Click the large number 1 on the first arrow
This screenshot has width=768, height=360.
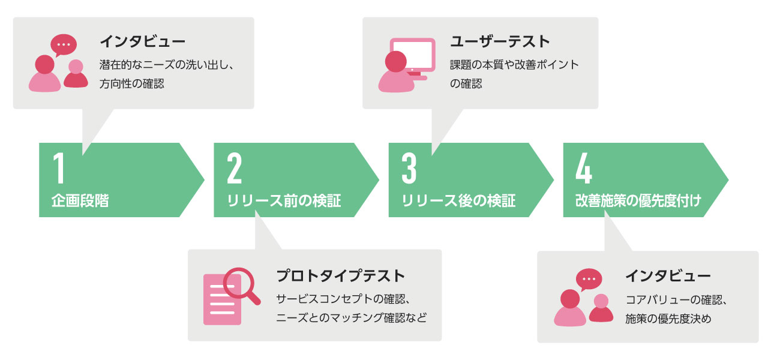(58, 169)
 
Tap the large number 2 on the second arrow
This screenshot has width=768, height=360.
(234, 169)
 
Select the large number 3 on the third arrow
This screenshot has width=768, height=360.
(409, 169)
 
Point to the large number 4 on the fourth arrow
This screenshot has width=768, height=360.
(584, 169)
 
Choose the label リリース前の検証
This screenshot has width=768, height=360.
(284, 201)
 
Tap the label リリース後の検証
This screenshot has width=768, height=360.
(458, 201)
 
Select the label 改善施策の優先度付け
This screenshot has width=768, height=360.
(638, 201)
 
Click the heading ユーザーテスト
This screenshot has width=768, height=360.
(500, 41)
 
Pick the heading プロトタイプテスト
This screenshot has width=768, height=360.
(341, 276)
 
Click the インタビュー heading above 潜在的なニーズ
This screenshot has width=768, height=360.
(142, 41)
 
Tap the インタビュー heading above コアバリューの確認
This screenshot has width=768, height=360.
(668, 276)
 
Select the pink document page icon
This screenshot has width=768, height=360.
(222, 299)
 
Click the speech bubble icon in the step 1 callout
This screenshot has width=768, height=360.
(64, 45)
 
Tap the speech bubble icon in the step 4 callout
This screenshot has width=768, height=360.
(589, 279)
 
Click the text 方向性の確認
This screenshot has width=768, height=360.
(131, 84)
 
